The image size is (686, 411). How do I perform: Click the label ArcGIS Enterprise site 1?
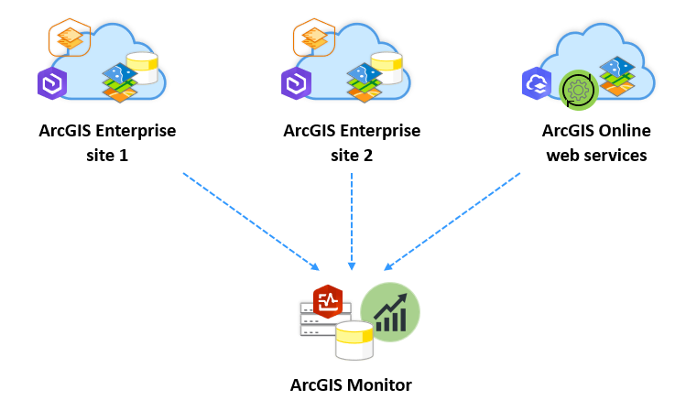tap(107, 143)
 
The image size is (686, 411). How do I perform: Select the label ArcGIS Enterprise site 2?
tap(352, 143)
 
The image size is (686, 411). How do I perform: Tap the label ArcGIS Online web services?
tap(596, 143)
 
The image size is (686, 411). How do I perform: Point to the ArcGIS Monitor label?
tap(351, 384)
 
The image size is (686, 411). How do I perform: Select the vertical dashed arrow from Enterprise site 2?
tap(352, 220)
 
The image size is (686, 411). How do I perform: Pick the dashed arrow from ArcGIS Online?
tap(453, 221)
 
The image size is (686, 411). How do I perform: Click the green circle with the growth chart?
tap(389, 310)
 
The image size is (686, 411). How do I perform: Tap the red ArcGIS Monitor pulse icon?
tap(327, 300)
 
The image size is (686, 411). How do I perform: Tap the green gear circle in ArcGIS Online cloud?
tap(577, 89)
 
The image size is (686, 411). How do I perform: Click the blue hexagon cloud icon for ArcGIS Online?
tap(536, 83)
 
